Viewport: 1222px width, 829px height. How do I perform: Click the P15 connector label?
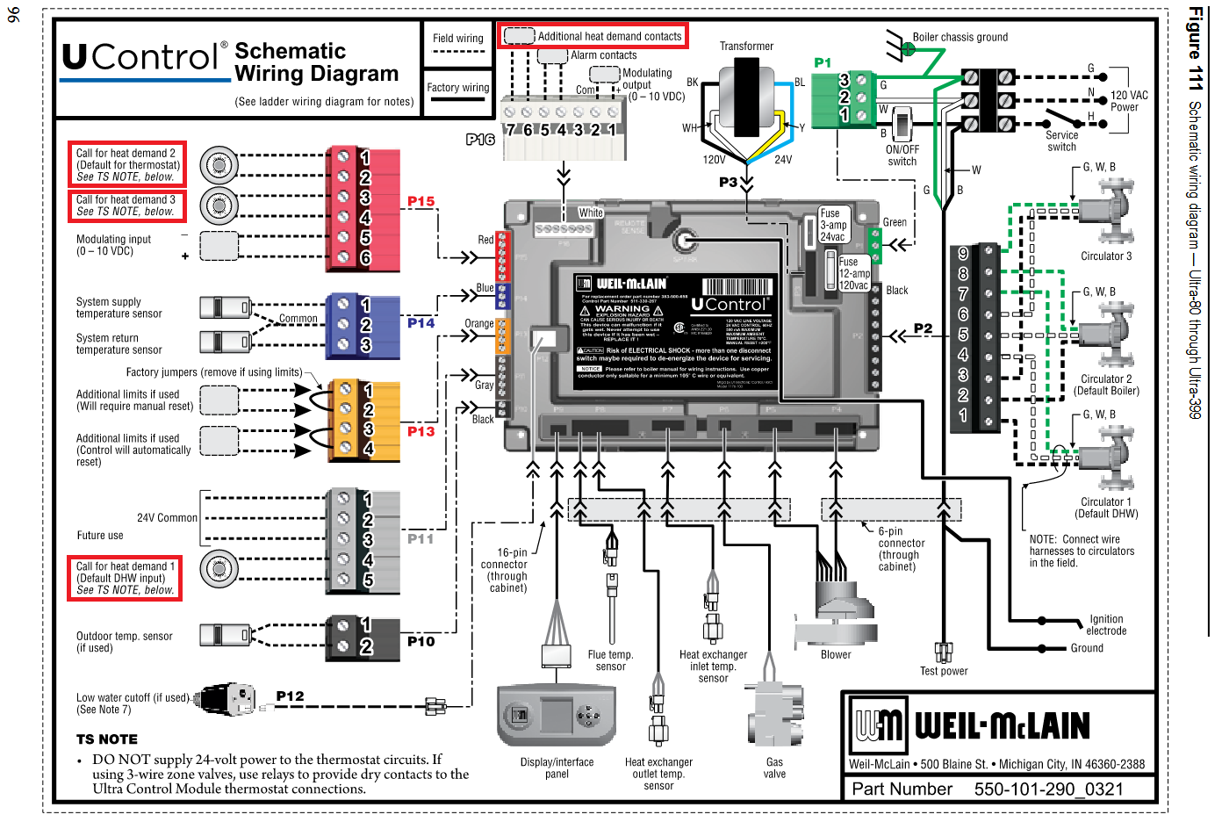pos(421,201)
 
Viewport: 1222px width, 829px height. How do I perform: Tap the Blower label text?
pos(836,654)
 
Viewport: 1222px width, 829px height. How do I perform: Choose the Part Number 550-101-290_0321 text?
pos(988,789)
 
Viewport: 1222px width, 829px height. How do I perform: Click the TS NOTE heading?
pos(107,739)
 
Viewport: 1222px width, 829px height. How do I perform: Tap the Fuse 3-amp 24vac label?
pos(832,225)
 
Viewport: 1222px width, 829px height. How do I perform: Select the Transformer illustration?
pos(746,98)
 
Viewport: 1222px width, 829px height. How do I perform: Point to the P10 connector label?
pos(421,641)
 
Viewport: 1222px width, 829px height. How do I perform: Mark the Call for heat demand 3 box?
pos(126,205)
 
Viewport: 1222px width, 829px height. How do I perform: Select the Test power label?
pos(944,671)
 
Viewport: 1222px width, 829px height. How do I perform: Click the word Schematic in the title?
pos(291,51)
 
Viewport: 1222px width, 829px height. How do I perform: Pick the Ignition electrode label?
pos(1106,624)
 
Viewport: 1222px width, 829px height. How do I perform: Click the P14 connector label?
pos(421,323)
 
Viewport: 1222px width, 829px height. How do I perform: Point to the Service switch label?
pos(1061,141)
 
